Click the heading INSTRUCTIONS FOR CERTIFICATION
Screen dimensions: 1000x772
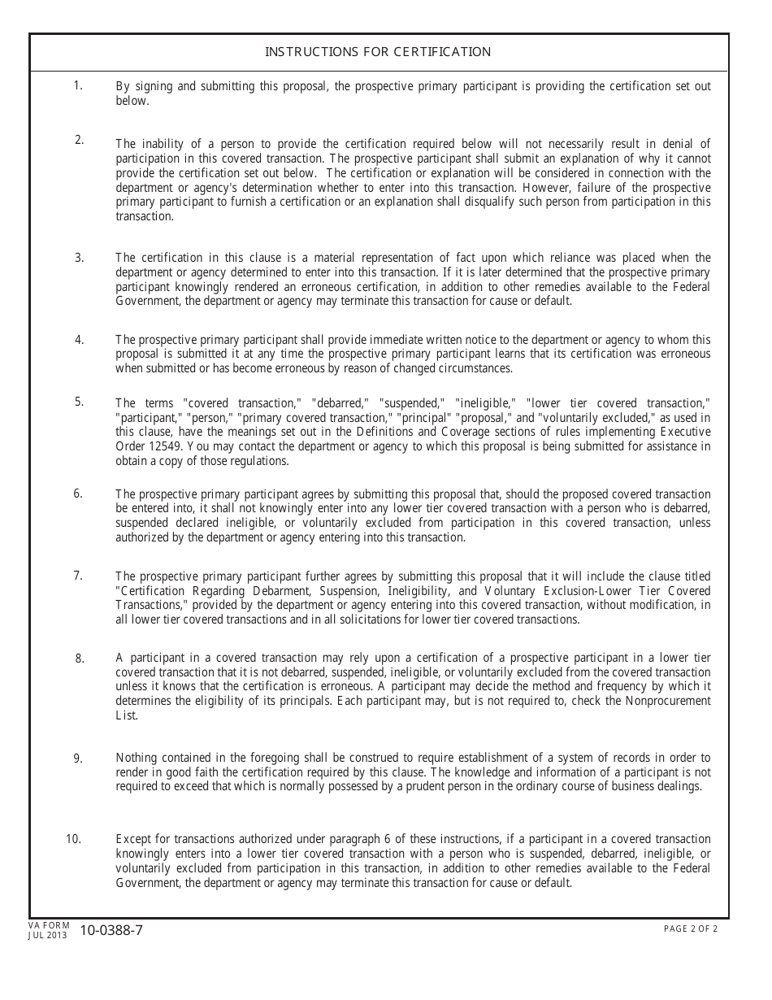coord(378,52)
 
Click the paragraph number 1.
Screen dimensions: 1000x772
coord(78,85)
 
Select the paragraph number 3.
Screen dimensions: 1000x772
coord(79,258)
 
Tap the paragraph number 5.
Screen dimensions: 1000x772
coord(79,401)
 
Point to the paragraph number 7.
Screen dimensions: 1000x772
coord(78,576)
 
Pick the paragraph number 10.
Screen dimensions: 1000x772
coord(73,838)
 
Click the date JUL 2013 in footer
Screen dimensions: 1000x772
coord(48,936)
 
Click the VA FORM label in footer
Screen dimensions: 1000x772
coord(49,925)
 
